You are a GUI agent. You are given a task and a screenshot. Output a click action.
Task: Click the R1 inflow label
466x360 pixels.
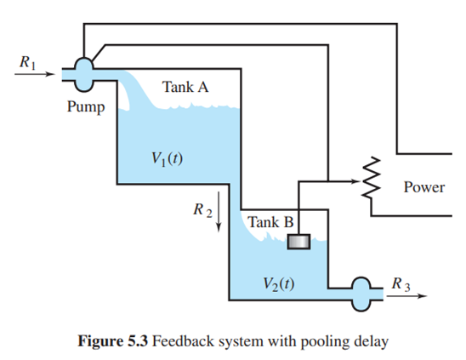point(28,62)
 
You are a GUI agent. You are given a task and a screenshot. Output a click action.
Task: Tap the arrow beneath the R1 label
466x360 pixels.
point(35,74)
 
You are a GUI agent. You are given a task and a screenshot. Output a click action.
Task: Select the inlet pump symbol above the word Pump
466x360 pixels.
point(84,74)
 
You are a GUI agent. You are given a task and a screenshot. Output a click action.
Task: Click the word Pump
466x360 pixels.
point(86,107)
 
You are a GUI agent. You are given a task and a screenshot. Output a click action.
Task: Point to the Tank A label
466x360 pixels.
point(185,87)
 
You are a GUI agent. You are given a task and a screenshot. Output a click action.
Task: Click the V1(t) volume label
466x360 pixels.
point(167,159)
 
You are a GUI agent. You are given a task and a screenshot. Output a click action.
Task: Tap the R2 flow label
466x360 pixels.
point(202,210)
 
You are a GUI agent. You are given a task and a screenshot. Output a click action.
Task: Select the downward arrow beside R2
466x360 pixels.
point(219,211)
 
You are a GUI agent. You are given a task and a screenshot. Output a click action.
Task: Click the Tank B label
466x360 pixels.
point(270,222)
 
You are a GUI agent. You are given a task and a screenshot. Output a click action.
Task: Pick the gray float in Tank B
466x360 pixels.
point(298,242)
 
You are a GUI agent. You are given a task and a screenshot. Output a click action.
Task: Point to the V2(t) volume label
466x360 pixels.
point(279,284)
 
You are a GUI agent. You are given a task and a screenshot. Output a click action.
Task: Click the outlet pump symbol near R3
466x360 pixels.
point(361,294)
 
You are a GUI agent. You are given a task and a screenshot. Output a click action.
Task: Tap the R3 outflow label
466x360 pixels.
point(401,284)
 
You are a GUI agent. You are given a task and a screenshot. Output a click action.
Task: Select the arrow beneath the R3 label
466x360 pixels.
point(406,296)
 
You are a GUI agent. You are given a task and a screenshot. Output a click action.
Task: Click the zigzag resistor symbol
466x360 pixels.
point(371,178)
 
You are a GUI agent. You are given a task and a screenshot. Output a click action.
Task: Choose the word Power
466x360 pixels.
point(424,187)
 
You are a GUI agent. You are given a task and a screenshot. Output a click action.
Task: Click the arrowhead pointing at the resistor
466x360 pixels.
point(355,181)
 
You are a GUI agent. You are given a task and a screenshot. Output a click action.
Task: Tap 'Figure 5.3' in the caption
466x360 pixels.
point(112,341)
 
